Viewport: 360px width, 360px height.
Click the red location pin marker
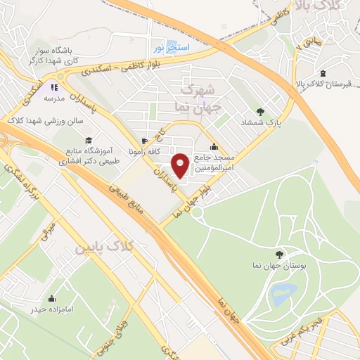click(x=181, y=165)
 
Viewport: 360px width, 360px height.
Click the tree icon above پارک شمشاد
click(x=261, y=111)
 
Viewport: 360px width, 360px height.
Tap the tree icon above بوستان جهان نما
click(x=281, y=255)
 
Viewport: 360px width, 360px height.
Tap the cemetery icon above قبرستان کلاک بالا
click(x=323, y=73)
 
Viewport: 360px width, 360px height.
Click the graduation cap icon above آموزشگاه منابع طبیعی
click(x=89, y=141)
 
